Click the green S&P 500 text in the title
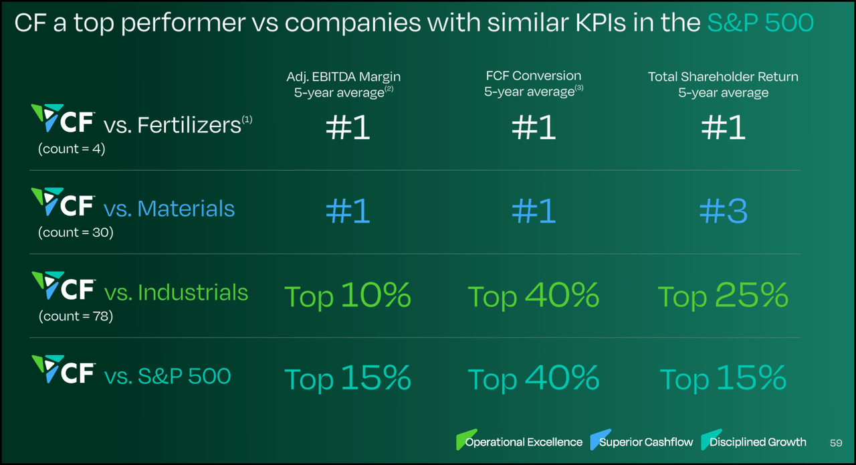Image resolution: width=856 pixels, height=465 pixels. (x=760, y=23)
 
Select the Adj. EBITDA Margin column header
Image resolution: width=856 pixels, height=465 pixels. (x=344, y=84)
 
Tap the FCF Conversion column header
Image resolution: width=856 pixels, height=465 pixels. (x=533, y=84)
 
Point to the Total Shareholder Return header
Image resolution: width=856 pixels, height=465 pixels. (x=723, y=84)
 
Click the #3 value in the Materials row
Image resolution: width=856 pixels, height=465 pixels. (x=723, y=211)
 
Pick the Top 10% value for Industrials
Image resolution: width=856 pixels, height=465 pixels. (x=348, y=296)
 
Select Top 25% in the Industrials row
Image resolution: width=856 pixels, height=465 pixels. (x=723, y=296)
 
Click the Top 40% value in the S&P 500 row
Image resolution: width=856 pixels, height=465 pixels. (x=533, y=379)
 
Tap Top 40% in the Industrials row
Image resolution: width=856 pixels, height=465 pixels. (x=533, y=296)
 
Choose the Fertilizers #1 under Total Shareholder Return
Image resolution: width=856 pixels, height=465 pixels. (x=723, y=127)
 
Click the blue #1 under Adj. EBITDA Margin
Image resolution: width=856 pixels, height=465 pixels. (x=348, y=211)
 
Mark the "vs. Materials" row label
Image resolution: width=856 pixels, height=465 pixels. (x=169, y=209)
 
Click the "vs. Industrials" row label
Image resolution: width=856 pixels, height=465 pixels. (x=176, y=292)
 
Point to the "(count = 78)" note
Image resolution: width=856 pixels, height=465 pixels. (x=76, y=316)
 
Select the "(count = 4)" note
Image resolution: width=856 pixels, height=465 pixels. (x=72, y=149)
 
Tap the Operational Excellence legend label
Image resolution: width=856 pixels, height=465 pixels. (x=524, y=442)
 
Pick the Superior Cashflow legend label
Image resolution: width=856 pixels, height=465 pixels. (x=646, y=442)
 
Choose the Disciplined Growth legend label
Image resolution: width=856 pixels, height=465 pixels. (x=758, y=442)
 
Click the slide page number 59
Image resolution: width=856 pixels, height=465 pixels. (x=835, y=442)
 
